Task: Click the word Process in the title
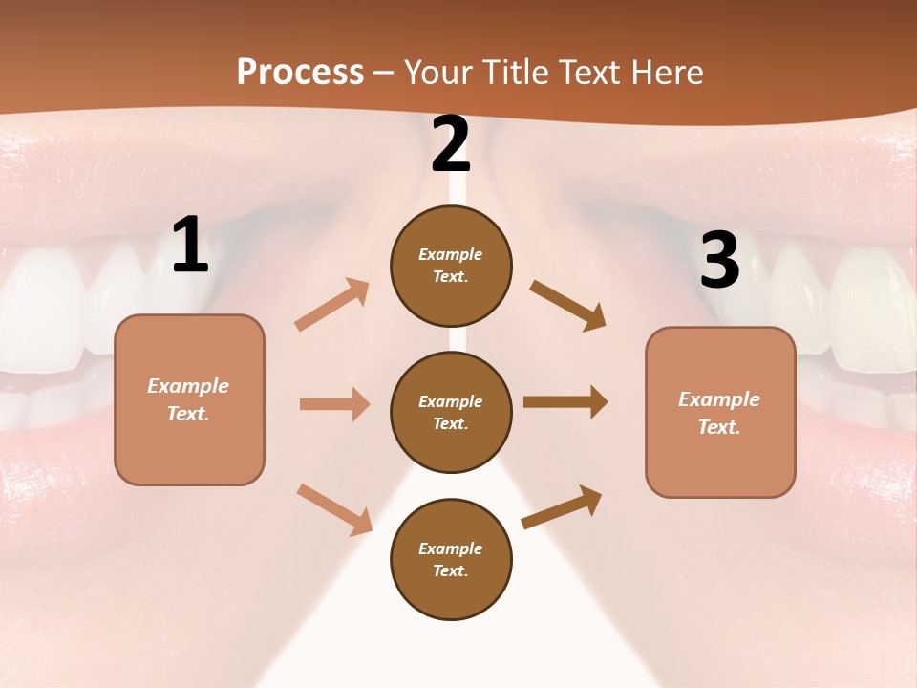(x=300, y=73)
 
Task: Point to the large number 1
(x=189, y=246)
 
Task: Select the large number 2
(x=451, y=145)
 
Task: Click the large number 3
(x=719, y=261)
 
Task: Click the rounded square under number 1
(x=189, y=399)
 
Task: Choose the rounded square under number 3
(x=720, y=412)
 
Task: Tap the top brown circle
(x=451, y=266)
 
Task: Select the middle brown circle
(x=451, y=412)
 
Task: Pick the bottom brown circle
(x=451, y=559)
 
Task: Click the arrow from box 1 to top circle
(x=332, y=304)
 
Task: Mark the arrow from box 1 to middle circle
(x=334, y=404)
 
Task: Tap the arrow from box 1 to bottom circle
(x=334, y=508)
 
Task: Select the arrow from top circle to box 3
(x=567, y=305)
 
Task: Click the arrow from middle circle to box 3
(x=565, y=402)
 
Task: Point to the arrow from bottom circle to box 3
(x=562, y=506)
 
